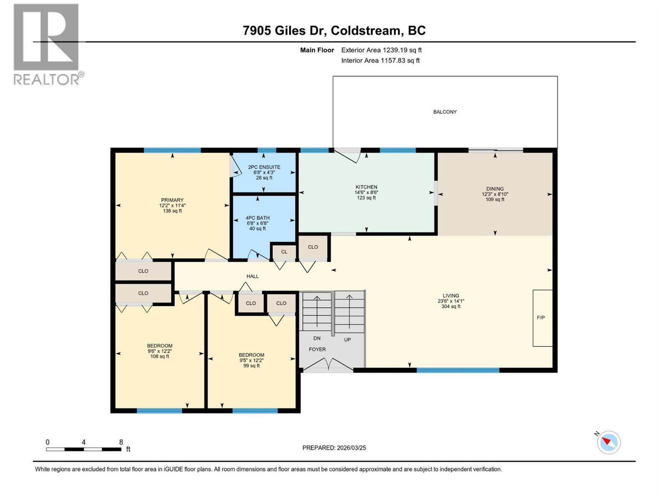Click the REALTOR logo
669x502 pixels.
tap(46, 44)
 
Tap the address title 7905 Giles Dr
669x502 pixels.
tap(334, 31)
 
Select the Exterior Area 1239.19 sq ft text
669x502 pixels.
tap(381, 50)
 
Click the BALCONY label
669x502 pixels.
tap(445, 112)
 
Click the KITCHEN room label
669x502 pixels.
tap(366, 187)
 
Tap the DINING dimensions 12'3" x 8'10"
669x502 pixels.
tap(495, 194)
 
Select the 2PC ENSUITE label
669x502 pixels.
tap(264, 167)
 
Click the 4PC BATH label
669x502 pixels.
tap(258, 218)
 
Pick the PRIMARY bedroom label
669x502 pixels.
tap(172, 200)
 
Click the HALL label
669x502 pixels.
tap(253, 277)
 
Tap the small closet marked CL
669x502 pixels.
tap(284, 252)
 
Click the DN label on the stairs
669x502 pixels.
tap(317, 338)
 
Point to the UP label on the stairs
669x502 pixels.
tap(347, 340)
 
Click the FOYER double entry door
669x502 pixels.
tap(328, 365)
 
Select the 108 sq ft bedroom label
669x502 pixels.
tap(160, 356)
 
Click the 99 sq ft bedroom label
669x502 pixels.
tap(252, 366)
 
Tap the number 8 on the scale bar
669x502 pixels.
tap(121, 442)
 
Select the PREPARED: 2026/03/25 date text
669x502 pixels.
tap(334, 448)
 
